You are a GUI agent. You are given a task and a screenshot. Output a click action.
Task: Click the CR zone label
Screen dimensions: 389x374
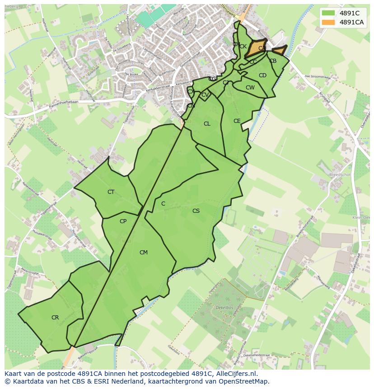[x=55, y=318]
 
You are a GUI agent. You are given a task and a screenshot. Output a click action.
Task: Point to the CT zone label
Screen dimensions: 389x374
[x=111, y=192]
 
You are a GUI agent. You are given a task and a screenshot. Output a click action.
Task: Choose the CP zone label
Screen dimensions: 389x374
[x=123, y=221]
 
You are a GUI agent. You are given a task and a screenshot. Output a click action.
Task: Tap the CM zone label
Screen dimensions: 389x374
[x=143, y=253]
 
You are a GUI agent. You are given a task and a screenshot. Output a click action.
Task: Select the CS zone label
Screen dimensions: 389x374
[x=196, y=211]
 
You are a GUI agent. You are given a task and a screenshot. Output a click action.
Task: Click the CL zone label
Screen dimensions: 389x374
[x=207, y=124]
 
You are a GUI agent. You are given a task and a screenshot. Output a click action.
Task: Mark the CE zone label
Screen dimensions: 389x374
[x=237, y=121]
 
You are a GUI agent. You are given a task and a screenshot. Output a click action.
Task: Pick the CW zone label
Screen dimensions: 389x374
[x=250, y=88]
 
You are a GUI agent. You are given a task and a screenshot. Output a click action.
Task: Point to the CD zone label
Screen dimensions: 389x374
[x=262, y=75]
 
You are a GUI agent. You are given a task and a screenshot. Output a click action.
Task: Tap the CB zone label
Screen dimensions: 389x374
[x=273, y=61]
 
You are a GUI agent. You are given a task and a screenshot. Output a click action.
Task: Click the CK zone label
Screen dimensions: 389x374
[x=243, y=47]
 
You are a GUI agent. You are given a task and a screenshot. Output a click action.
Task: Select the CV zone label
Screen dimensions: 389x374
[x=205, y=95]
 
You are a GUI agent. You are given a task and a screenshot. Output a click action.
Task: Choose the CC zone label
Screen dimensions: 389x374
[x=253, y=62]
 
